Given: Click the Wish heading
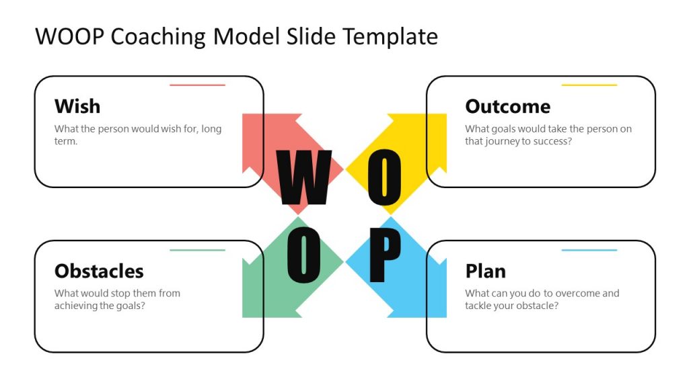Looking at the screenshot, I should pos(77,106).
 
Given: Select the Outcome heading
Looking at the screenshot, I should pos(507,106).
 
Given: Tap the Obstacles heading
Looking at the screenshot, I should pos(99,271).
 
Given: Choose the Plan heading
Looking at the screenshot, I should pos(485,271).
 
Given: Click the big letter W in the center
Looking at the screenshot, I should pos(303,177).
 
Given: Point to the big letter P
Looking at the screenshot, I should pos(385,256).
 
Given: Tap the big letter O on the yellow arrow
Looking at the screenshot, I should pos(384,177).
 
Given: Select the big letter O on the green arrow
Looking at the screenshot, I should pos(303,256).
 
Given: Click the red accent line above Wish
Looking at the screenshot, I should pos(197,85).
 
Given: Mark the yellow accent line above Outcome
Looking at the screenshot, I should pos(589,85).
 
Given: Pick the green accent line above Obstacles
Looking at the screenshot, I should pos(197,250).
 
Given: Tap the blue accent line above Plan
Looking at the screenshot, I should pos(589,250).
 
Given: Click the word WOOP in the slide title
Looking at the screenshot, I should pos(69,36).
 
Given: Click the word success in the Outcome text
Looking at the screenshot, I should pos(552,141).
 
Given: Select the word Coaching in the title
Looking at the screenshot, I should pos(157,36).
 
